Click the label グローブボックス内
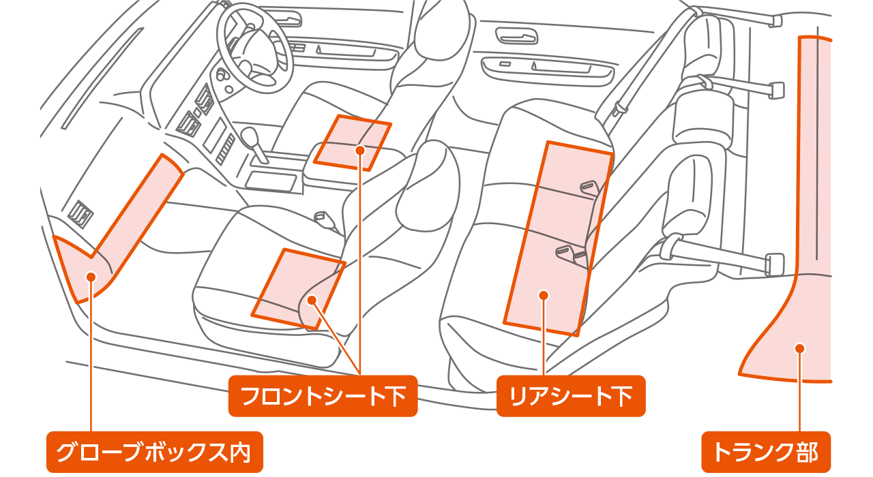pos(154,452)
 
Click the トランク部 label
pos(765,452)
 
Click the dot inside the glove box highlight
pos(90,276)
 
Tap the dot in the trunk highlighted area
pos(799,348)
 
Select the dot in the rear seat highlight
pos(544,295)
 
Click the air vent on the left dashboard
pos(80,213)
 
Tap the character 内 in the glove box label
pos(240,452)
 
